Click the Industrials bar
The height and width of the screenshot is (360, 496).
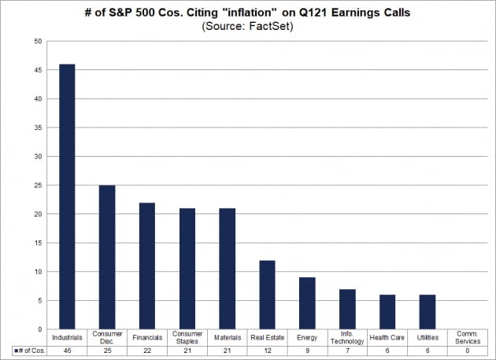tap(67, 197)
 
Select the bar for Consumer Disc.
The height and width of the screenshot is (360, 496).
tap(107, 257)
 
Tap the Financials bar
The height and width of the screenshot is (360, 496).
tap(147, 266)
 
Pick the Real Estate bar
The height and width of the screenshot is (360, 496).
tap(268, 295)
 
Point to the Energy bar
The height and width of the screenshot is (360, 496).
tap(307, 303)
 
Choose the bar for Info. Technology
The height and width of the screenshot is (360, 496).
tap(347, 309)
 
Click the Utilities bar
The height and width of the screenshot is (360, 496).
tap(428, 312)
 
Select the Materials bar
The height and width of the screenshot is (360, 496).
tap(227, 269)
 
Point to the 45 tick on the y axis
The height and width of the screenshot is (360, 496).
tap(38, 70)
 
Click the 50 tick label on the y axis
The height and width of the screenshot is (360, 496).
tap(38, 41)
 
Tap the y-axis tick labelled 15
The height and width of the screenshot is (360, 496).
tap(38, 243)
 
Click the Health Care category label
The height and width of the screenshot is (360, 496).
tap(387, 337)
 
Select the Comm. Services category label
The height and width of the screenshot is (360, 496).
tap(468, 337)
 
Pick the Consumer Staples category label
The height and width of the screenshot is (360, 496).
tap(187, 337)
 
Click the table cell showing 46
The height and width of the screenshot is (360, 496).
tap(67, 351)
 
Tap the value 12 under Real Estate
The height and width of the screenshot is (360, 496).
tap(268, 351)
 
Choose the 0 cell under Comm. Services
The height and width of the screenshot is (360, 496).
tap(468, 351)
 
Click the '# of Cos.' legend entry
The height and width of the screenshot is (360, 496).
tap(30, 351)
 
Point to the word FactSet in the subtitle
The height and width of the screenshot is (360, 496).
tap(270, 26)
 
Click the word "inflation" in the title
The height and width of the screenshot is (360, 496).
tap(252, 13)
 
